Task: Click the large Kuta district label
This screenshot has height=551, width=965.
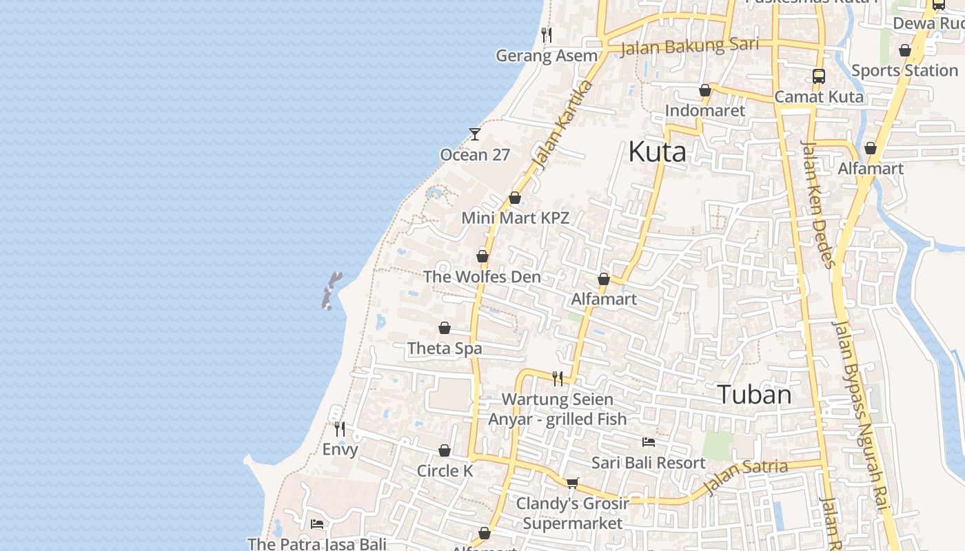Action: (x=657, y=152)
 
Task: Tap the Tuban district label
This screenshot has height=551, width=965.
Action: (x=755, y=395)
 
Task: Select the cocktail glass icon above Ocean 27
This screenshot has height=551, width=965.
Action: (x=475, y=134)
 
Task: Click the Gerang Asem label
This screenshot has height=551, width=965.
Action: (x=547, y=56)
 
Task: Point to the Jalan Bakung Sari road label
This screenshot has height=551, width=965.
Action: (x=689, y=46)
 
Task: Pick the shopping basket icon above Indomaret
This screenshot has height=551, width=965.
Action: (x=705, y=90)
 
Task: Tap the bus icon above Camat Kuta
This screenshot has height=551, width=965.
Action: (x=819, y=76)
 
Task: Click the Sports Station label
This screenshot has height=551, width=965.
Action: (x=904, y=70)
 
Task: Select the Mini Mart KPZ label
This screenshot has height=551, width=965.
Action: (x=516, y=218)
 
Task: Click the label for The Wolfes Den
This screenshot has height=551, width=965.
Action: (x=482, y=277)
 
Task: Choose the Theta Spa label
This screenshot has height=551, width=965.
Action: (x=445, y=349)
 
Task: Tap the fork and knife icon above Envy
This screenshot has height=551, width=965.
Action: (x=340, y=429)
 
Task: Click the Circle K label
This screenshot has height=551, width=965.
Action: (x=445, y=471)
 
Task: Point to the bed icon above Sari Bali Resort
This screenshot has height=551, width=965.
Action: (x=648, y=441)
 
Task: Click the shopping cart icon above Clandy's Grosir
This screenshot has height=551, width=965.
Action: (x=572, y=483)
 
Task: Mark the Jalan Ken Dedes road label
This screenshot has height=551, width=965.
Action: (x=818, y=204)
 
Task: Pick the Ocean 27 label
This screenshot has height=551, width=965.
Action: (x=475, y=155)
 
